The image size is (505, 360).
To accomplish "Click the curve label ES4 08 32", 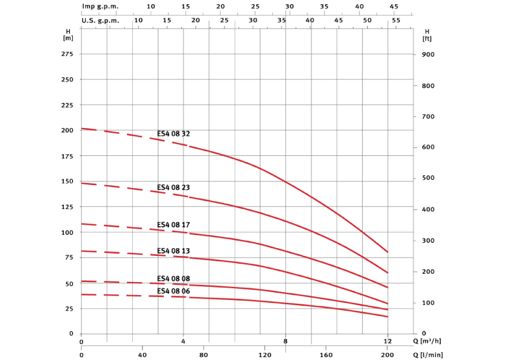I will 173,134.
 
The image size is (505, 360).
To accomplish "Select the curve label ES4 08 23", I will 173,187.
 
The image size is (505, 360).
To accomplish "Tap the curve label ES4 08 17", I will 173,225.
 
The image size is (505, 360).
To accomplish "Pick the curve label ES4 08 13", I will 173,251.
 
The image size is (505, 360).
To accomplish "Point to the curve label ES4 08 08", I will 173,278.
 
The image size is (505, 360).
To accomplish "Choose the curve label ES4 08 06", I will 173,291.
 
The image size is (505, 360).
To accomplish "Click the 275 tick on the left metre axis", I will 67,54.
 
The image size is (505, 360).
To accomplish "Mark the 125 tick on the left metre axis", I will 67,207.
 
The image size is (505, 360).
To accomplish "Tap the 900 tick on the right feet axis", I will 428,55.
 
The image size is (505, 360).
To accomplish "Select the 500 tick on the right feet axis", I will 428,179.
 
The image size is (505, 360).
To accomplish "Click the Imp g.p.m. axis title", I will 101,6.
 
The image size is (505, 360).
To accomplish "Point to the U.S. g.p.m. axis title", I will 101,20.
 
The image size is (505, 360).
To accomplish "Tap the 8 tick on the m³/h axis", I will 286,342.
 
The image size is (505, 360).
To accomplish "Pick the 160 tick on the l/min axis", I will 326,355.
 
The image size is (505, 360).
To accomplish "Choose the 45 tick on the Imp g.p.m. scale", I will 394,6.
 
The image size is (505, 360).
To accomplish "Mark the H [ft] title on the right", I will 427,35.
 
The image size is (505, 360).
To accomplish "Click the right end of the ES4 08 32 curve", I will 388,252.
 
